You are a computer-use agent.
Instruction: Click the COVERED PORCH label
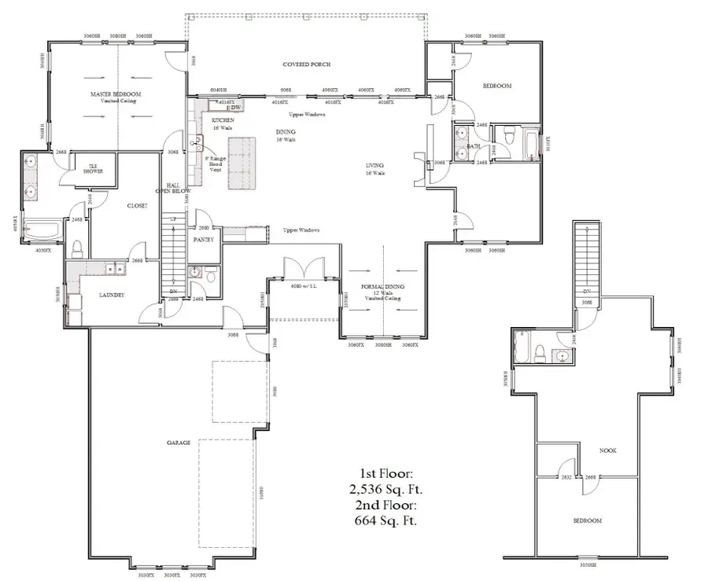pyautogui.click(x=306, y=64)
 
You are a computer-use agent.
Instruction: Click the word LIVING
pyautogui.click(x=374, y=166)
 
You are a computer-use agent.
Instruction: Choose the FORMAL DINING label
pyautogui.click(x=382, y=290)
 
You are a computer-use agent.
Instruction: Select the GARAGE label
pyautogui.click(x=179, y=443)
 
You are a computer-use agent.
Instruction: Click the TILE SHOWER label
pyautogui.click(x=94, y=167)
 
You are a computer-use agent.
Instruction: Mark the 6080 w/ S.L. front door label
pyautogui.click(x=303, y=285)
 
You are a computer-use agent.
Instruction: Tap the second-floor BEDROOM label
pyautogui.click(x=586, y=521)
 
